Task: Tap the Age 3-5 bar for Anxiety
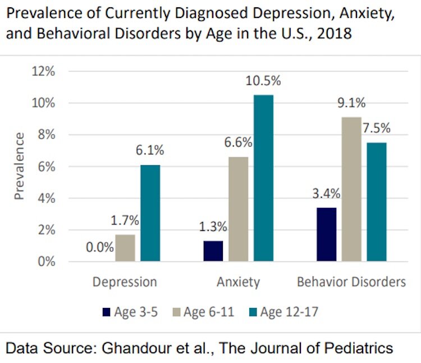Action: [x=213, y=251]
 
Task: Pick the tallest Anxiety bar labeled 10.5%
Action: [x=263, y=178]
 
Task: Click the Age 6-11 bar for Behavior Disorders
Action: [x=351, y=189]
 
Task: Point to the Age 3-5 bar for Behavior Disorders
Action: [x=326, y=234]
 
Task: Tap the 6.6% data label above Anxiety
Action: [x=238, y=143]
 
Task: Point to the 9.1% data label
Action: [x=351, y=103]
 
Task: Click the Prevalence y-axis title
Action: [x=20, y=166]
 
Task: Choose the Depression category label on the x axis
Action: [x=125, y=282]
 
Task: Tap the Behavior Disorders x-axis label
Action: [x=351, y=282]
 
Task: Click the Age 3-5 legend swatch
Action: [x=105, y=312]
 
